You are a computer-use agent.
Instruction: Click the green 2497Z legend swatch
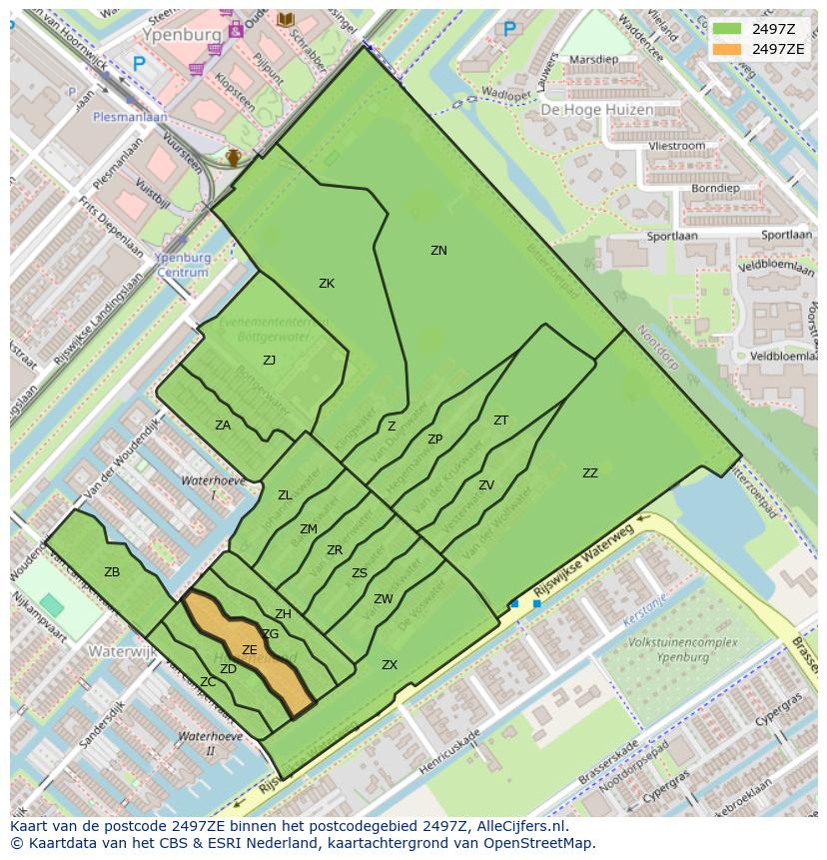pyautogui.click(x=726, y=28)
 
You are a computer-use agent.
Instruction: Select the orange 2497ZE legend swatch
pyautogui.click(x=726, y=49)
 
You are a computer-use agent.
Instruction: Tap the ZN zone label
pyautogui.click(x=438, y=251)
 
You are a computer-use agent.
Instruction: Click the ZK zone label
pyautogui.click(x=327, y=284)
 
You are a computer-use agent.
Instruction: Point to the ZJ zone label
pyautogui.click(x=269, y=361)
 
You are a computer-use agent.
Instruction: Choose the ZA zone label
pyautogui.click(x=223, y=426)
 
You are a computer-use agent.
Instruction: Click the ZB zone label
pyautogui.click(x=112, y=572)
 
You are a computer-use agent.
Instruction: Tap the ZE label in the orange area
pyautogui.click(x=250, y=650)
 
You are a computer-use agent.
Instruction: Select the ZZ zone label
pyautogui.click(x=590, y=473)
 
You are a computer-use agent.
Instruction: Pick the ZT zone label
pyautogui.click(x=500, y=421)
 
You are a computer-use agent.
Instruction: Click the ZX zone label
pyautogui.click(x=390, y=665)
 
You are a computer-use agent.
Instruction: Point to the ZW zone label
pyautogui.click(x=384, y=599)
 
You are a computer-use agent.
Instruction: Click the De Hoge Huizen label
pyautogui.click(x=597, y=110)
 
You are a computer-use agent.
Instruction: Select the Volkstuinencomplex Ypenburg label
pyautogui.click(x=684, y=650)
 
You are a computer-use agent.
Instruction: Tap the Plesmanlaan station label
pyautogui.click(x=130, y=116)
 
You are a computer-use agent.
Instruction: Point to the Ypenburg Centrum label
pyautogui.click(x=183, y=265)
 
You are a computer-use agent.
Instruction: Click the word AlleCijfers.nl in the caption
pyautogui.click(x=521, y=826)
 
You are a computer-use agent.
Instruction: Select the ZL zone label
pyautogui.click(x=285, y=495)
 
